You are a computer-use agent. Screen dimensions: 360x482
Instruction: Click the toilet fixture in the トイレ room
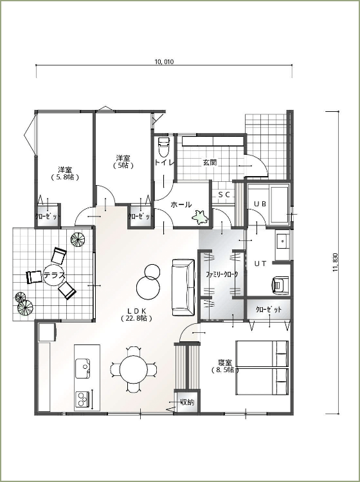click(163, 147)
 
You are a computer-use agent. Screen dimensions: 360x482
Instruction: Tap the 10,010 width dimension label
click(164, 62)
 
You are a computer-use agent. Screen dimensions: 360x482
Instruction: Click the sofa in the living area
click(183, 287)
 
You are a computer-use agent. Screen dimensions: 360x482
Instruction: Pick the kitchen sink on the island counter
click(83, 369)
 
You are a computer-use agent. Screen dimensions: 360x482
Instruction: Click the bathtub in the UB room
click(279, 205)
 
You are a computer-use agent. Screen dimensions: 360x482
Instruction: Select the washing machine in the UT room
click(280, 285)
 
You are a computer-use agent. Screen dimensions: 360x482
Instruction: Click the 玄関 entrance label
click(210, 163)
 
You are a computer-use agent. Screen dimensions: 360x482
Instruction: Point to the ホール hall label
click(181, 204)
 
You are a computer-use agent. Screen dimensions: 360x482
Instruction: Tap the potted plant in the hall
click(201, 217)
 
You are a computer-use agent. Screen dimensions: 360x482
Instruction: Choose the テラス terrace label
click(55, 275)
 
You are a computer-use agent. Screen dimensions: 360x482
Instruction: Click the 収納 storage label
click(188, 402)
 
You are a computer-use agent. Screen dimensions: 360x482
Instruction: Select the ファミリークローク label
click(222, 274)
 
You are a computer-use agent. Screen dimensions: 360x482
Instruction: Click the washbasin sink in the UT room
click(282, 242)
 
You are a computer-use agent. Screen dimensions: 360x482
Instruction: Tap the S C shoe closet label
click(224, 195)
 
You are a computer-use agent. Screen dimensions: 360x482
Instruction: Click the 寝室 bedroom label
click(225, 362)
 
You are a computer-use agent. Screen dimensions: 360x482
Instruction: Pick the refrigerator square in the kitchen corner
click(47, 332)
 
